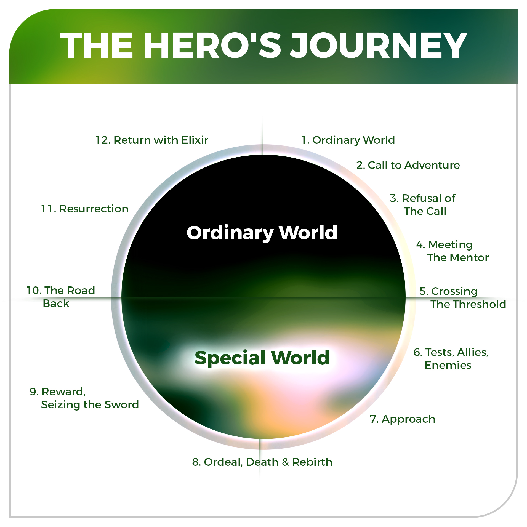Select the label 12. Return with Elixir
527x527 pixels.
point(151,140)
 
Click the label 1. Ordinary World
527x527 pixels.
point(348,140)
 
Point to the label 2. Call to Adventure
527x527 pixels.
point(408,165)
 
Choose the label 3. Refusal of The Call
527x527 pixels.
point(423,205)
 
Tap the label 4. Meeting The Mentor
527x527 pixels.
point(452,251)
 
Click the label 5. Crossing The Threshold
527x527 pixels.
point(462,298)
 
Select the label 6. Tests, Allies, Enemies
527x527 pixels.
point(451,359)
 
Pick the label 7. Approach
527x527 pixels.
point(403,419)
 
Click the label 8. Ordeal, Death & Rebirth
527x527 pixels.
point(262,462)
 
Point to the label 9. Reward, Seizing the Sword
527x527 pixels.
point(84,398)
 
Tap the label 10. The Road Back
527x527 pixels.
point(61,297)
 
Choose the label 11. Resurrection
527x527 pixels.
point(85,209)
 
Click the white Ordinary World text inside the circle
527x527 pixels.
point(262,233)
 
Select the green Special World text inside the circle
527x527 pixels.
point(262,358)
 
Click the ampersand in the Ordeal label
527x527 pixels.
point(285,462)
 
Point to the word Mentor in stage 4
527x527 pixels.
point(472,258)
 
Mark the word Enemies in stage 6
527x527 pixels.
point(448,365)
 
